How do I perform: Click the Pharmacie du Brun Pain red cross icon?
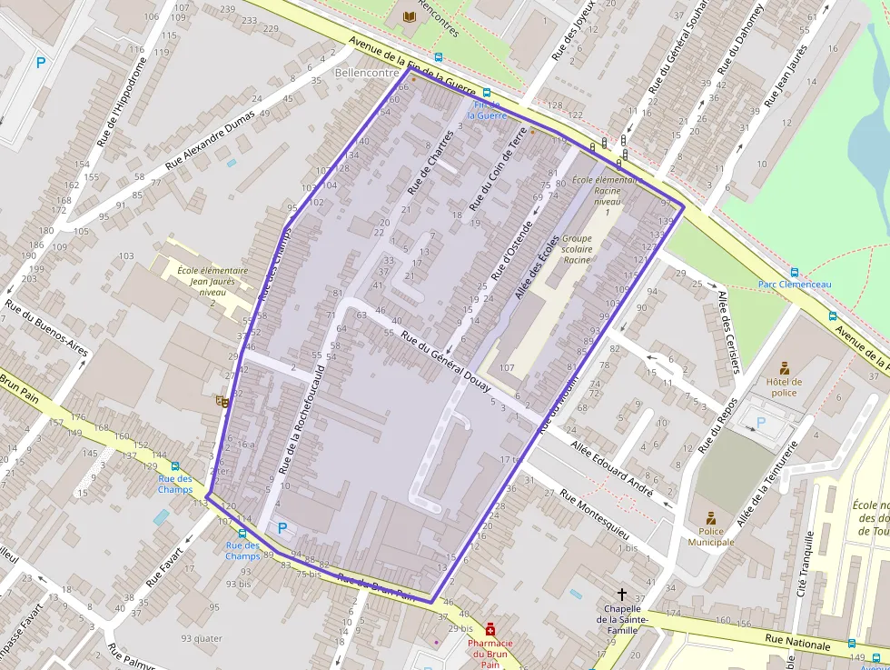point(490,628)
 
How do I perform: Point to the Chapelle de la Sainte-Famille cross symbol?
point(621,593)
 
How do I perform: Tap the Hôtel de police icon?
point(784,368)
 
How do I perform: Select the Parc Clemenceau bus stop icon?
point(795,272)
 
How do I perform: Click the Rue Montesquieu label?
point(594,510)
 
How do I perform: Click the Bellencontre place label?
point(367,72)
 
